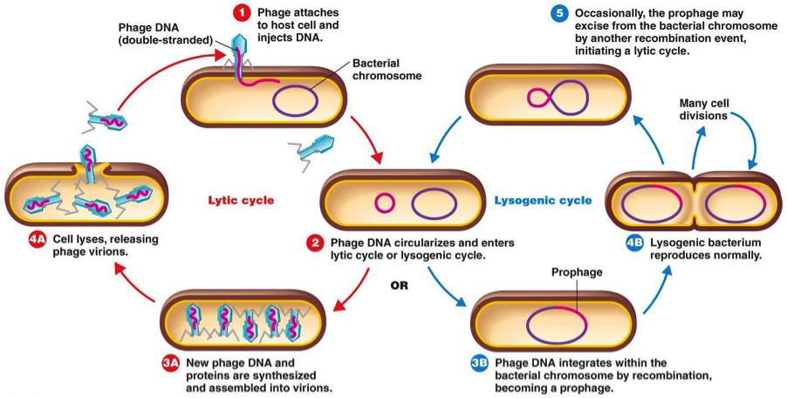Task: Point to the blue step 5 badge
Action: [x=558, y=14]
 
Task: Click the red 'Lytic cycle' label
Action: [x=241, y=200]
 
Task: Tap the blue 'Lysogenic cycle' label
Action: [x=543, y=200]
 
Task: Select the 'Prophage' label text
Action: [x=577, y=271]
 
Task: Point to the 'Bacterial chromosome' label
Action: [x=387, y=70]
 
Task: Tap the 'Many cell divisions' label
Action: [x=708, y=110]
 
